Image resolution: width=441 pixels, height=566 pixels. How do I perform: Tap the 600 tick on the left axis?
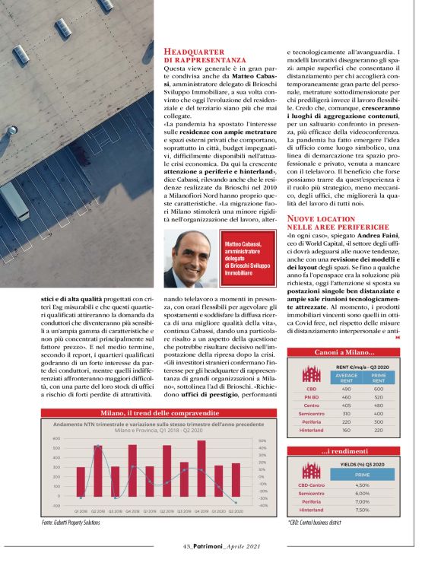coord(56,439)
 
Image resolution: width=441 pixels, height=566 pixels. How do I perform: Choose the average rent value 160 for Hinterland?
coord(347,430)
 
